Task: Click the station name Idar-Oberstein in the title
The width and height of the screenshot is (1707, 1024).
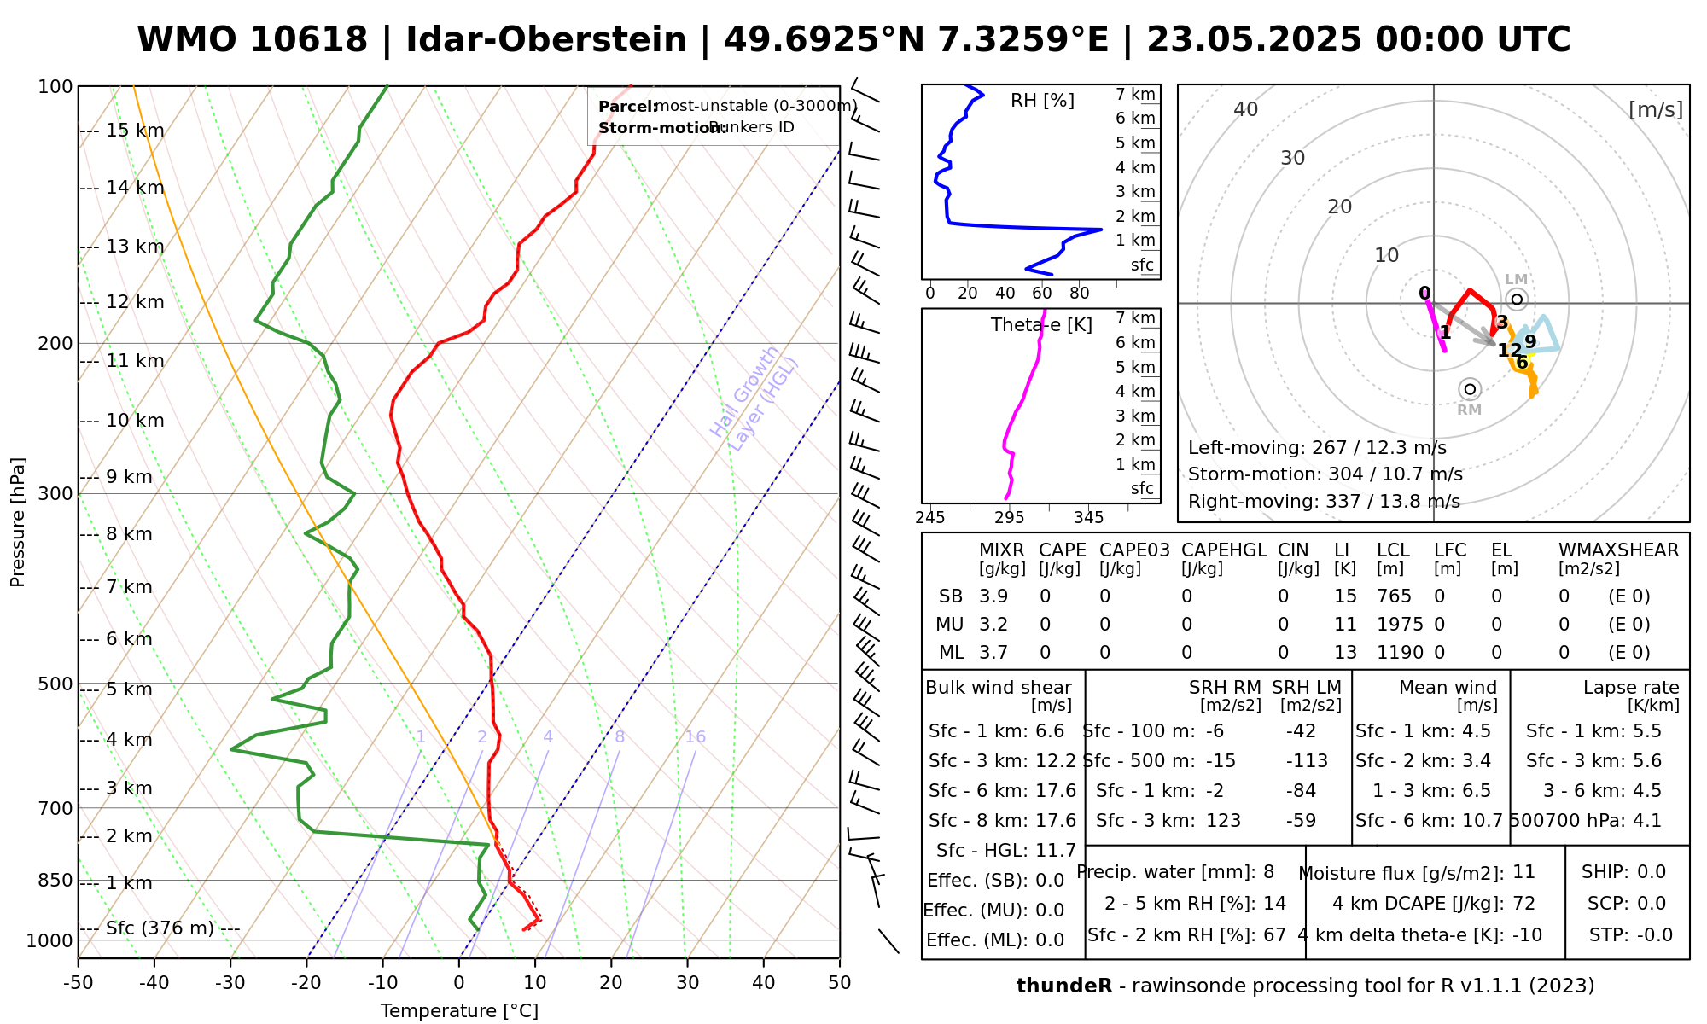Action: (546, 40)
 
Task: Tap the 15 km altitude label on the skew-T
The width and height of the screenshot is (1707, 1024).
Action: (135, 131)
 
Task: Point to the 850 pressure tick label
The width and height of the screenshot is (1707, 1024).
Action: (55, 881)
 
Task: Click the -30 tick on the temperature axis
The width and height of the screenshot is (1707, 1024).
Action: (230, 983)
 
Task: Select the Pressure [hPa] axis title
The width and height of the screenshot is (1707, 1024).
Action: (18, 522)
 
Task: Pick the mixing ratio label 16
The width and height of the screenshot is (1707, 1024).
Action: (696, 737)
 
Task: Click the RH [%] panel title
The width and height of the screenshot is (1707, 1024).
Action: (1042, 101)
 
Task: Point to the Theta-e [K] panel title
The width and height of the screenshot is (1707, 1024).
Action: (1041, 325)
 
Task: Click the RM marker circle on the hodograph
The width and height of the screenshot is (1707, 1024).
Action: (1470, 389)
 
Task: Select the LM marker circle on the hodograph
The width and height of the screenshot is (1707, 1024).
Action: (1517, 300)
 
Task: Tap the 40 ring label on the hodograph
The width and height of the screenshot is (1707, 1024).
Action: (1246, 109)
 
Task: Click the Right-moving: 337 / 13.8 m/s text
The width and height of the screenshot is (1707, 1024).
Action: (1324, 502)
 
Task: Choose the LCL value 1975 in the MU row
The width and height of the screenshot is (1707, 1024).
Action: (1400, 625)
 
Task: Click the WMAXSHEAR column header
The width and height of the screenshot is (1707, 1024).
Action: (1619, 550)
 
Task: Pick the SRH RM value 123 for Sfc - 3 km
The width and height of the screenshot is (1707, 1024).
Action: (1223, 821)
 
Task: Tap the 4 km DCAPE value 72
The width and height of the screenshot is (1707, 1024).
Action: (1523, 904)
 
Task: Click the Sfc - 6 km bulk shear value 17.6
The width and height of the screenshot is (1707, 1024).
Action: (1056, 791)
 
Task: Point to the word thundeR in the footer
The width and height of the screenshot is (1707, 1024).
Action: (1064, 986)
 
